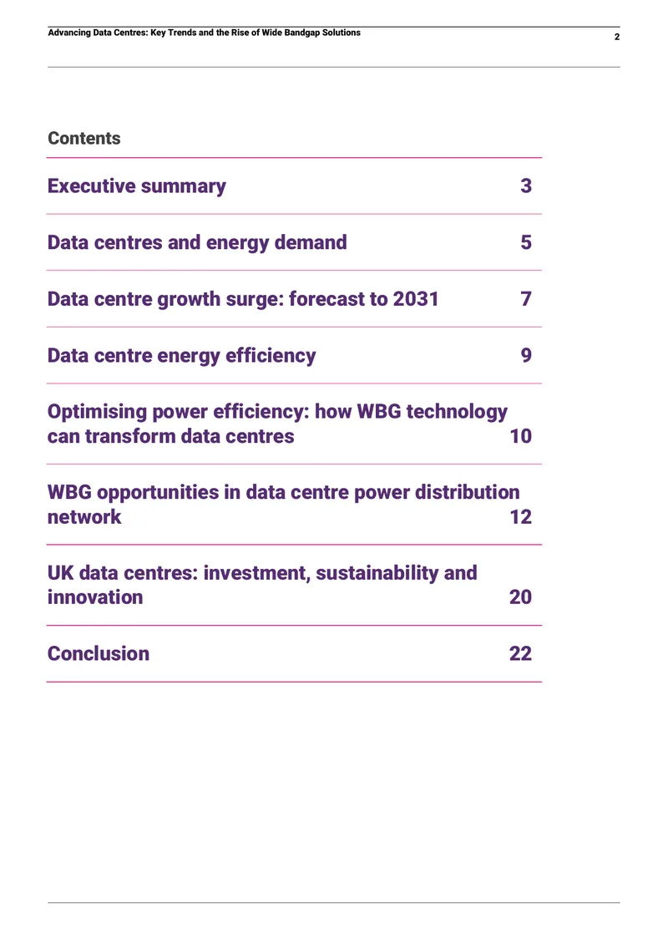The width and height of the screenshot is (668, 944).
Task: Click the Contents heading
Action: (x=84, y=139)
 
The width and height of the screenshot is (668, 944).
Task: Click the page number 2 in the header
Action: (x=617, y=37)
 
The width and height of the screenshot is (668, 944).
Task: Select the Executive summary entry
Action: (x=137, y=186)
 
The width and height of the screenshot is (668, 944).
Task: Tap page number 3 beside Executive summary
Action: (x=526, y=185)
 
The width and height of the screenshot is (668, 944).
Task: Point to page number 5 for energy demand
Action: (x=526, y=242)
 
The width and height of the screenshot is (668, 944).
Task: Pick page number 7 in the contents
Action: (x=526, y=298)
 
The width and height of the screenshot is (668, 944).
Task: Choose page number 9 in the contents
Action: (x=526, y=355)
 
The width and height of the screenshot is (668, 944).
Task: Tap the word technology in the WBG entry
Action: (x=457, y=412)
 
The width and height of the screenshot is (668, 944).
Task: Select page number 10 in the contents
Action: (x=520, y=436)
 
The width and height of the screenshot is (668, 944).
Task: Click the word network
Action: (x=84, y=516)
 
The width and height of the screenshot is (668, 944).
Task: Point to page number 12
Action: (x=520, y=516)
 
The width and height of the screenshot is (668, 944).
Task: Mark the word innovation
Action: (x=95, y=597)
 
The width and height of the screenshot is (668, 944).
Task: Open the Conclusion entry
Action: (x=98, y=654)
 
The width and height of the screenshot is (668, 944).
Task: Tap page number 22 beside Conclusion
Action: (x=520, y=653)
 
